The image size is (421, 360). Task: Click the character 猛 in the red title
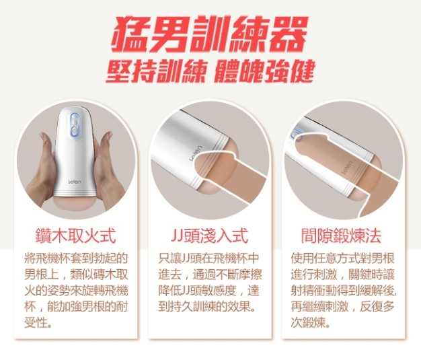[131, 34]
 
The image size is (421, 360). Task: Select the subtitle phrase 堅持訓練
[155, 71]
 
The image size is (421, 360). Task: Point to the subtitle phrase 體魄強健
[264, 71]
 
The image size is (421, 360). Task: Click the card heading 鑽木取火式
[76, 236]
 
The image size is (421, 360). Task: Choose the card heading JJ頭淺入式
[209, 236]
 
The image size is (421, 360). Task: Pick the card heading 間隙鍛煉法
[341, 236]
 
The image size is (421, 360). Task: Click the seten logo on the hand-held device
[75, 182]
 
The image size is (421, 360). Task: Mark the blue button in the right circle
[297, 135]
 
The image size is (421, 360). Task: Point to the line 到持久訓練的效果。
[206, 306]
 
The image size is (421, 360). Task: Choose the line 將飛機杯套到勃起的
[76, 258]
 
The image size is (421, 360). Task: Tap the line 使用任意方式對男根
[343, 258]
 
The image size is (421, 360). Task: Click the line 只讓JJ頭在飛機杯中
[208, 258]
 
